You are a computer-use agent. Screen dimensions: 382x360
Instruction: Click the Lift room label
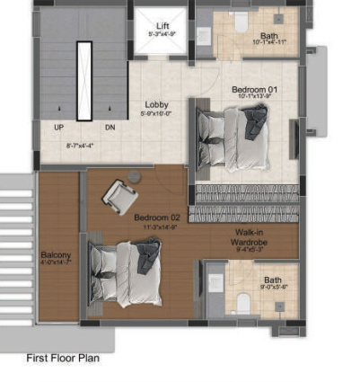pyautogui.click(x=162, y=25)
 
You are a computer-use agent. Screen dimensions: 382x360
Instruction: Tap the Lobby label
pyautogui.click(x=156, y=104)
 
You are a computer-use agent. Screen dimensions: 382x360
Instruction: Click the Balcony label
pyautogui.click(x=56, y=255)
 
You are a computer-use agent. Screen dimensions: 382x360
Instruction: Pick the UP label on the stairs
pyautogui.click(x=58, y=128)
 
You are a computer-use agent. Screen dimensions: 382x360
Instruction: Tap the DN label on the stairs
pyautogui.click(x=110, y=128)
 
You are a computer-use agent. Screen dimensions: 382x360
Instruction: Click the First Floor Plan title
pyautogui.click(x=63, y=359)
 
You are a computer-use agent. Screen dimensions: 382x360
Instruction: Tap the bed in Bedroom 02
pyautogui.click(x=122, y=271)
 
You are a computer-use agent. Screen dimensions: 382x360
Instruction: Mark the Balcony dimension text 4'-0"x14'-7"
pyautogui.click(x=56, y=265)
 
